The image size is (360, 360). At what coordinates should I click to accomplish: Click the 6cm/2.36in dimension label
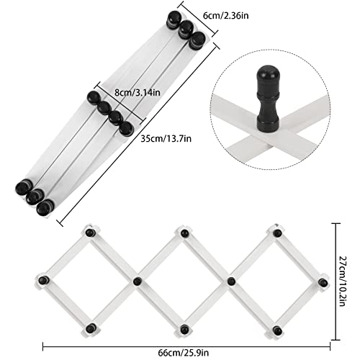[x=226, y=16]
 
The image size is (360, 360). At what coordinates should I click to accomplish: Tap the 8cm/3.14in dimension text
[x=138, y=92]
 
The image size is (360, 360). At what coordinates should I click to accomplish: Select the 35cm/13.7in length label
[x=166, y=139]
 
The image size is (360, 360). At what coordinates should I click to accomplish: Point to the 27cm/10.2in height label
[x=343, y=282]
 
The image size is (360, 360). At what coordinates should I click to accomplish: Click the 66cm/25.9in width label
[x=184, y=353]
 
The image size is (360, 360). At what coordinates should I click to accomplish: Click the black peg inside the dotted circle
[x=268, y=99]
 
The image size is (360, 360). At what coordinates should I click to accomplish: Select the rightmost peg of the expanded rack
[x=323, y=282]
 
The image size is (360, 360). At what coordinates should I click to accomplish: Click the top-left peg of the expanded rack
[x=90, y=233]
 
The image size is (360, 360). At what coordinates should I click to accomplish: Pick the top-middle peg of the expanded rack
[x=184, y=233]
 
